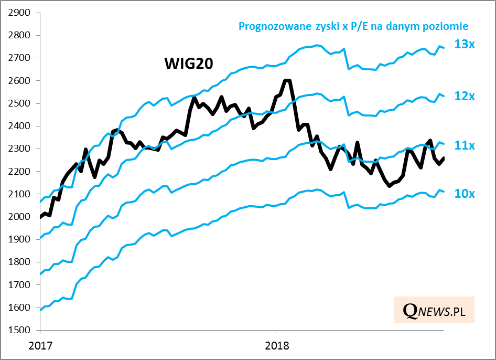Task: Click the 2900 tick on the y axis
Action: click(19, 13)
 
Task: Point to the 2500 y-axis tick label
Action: click(19, 103)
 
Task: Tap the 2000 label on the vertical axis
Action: click(19, 217)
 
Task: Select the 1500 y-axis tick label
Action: click(19, 330)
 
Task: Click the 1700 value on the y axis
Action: click(19, 285)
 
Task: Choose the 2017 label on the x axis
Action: click(40, 346)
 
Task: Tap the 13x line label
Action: click(465, 45)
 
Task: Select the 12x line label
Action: click(465, 97)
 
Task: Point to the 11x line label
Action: click(465, 145)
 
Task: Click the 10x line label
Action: click(465, 194)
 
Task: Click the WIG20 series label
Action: click(188, 63)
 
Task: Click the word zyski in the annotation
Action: click(318, 26)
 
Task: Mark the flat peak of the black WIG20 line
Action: click(286, 80)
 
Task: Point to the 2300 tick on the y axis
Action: click(19, 149)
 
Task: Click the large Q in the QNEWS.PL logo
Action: click(410, 311)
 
